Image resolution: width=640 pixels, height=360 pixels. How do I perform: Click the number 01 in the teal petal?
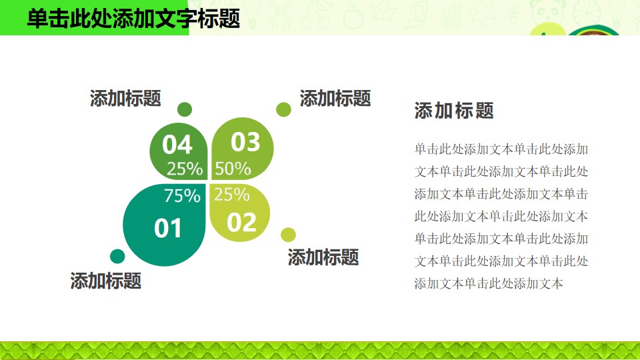[168, 228]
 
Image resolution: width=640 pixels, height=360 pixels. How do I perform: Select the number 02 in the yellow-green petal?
[241, 223]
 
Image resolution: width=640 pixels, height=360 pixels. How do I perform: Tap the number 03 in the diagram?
[245, 142]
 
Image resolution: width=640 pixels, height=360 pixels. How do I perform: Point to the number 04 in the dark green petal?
[177, 145]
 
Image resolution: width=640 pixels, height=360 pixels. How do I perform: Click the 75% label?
[182, 195]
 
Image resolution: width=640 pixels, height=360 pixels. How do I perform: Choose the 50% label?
[233, 169]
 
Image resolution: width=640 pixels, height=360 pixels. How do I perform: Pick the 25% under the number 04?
[185, 169]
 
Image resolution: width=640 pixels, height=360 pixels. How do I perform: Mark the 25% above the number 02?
[231, 194]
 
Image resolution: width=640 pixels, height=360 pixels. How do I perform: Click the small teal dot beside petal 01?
[117, 256]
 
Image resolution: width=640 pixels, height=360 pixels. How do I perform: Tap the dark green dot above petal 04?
[185, 109]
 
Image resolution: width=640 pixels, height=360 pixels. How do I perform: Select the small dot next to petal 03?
[283, 109]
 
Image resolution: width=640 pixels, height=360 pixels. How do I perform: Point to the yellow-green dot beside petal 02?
[288, 235]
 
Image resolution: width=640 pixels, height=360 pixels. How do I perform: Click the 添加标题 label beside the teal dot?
[106, 281]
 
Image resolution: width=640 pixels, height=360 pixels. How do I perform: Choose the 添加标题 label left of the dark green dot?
[125, 99]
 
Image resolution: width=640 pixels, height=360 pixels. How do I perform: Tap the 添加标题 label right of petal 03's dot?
[335, 99]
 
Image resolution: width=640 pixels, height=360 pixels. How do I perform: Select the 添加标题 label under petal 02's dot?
[323, 257]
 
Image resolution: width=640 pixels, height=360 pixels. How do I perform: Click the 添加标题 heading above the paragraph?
[454, 110]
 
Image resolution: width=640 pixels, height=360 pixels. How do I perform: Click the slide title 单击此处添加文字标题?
[133, 19]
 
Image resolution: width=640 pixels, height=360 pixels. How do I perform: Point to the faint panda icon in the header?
[549, 11]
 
